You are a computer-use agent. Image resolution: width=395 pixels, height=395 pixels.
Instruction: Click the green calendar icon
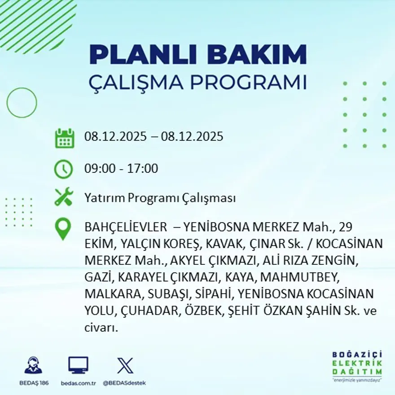coord(64,138)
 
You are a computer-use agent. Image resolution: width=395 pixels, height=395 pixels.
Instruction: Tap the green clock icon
coord(63,169)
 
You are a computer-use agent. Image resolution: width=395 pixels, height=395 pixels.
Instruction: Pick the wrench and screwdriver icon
coord(64,197)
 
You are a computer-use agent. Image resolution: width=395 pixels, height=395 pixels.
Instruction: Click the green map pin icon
coord(63,228)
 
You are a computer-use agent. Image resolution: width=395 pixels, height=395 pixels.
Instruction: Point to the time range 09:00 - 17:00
coord(121,169)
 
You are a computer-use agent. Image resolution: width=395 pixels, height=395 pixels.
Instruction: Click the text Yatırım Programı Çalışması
coord(160,198)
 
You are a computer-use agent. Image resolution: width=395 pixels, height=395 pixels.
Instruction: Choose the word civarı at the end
coord(101,328)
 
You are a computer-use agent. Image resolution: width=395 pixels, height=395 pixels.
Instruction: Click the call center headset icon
coord(33,365)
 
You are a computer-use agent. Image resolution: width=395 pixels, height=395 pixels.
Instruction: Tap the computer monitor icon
coord(78,365)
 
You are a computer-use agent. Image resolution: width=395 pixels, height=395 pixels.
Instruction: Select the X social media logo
coord(124,365)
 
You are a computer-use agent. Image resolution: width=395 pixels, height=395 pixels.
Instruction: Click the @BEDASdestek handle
coord(124,383)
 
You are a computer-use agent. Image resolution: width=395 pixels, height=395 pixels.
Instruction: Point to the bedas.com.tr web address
coord(78,383)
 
